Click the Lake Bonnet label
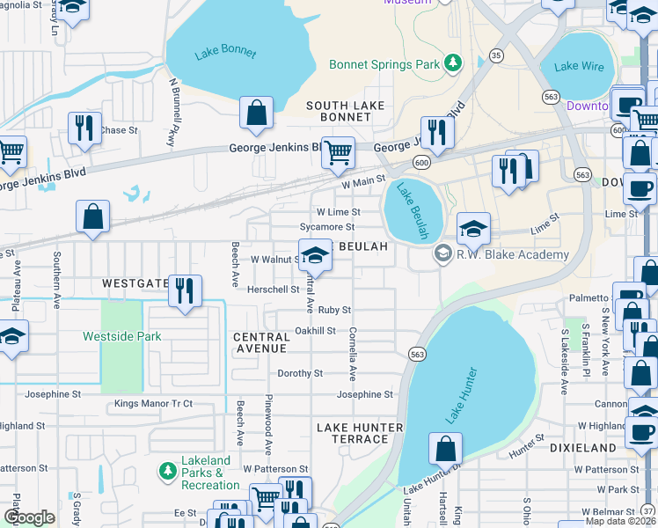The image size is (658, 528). point(225,52)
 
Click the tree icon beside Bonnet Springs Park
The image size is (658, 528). point(452,63)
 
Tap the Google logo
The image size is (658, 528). point(29,517)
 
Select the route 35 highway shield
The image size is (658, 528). point(497,55)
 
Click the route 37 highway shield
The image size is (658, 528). point(648,511)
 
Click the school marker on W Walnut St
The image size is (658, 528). point(314,255)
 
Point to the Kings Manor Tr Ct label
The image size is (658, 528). point(153,404)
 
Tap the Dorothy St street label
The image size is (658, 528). point(301,373)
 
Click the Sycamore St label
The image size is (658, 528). point(325,227)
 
